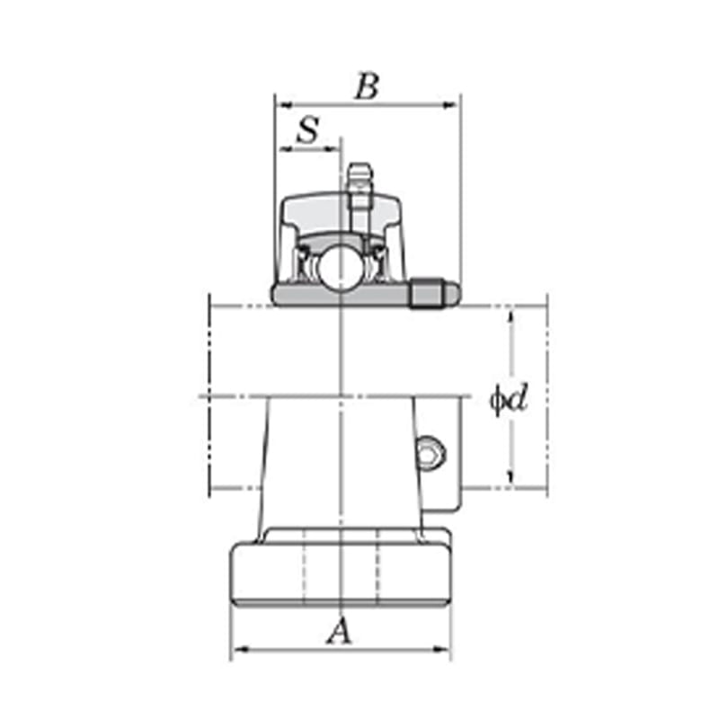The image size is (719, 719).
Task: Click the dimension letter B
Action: click(x=368, y=86)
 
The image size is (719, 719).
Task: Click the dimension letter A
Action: click(x=341, y=631)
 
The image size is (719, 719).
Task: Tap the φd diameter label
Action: click(x=509, y=399)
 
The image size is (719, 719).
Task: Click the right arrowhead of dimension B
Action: click(x=449, y=105)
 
